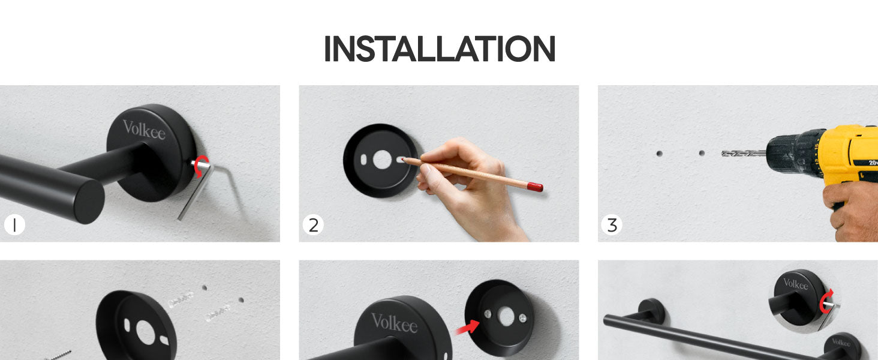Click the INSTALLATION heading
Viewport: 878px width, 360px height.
(440, 49)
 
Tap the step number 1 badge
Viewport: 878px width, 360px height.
(14, 225)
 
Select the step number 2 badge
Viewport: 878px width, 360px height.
(313, 225)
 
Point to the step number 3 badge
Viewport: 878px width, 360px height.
(612, 225)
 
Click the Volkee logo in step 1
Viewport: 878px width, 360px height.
(144, 130)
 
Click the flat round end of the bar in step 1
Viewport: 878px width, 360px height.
(83, 202)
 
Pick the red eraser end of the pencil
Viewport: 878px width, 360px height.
(535, 187)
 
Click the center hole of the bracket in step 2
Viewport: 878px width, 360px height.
(382, 160)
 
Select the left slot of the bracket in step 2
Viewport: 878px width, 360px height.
(363, 160)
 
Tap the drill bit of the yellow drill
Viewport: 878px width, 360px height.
(744, 154)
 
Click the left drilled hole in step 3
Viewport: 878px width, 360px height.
(659, 154)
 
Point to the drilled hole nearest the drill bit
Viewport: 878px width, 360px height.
(702, 153)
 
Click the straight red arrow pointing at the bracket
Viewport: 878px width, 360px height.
(467, 326)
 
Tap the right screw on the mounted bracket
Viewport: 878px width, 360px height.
(522, 318)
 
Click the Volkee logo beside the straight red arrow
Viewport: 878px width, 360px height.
(394, 323)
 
